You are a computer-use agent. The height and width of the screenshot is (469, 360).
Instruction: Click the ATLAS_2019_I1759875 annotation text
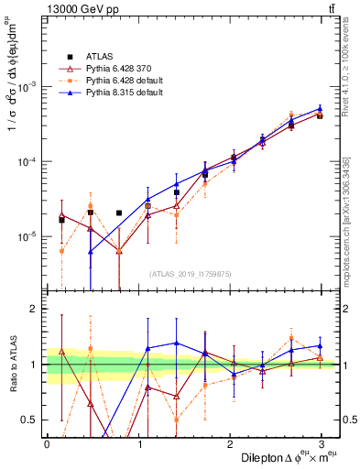tap(191, 273)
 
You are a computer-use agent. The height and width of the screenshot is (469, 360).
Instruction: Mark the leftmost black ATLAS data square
tap(61, 220)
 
